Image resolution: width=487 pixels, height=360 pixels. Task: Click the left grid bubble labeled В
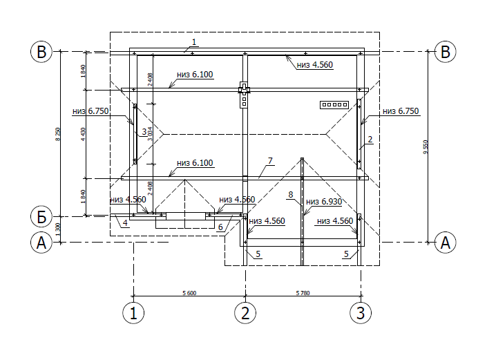(42, 52)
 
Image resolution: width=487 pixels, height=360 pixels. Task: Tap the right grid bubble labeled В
(446, 52)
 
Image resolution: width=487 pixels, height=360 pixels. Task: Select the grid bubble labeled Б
(42, 216)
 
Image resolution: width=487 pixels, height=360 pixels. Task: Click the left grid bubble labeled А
(42, 243)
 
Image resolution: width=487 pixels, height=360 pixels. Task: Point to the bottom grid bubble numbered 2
(245, 312)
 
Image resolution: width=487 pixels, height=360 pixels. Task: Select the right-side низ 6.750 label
(401, 111)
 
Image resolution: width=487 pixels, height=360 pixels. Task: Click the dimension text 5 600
(189, 293)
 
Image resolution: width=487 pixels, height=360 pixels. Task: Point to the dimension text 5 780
(301, 293)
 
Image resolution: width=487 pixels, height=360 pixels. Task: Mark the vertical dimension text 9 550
(426, 146)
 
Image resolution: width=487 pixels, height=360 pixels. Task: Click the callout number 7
(270, 161)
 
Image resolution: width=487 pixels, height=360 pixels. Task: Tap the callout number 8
(291, 195)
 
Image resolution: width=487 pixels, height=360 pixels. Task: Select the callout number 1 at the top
(194, 42)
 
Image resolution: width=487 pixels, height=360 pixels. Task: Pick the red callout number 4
(125, 222)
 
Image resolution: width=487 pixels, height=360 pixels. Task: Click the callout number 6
(220, 227)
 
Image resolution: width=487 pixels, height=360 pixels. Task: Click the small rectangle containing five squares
(333, 105)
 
